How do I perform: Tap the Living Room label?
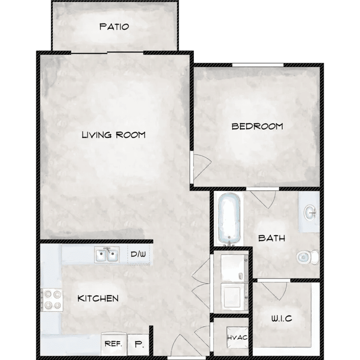(x=114, y=135)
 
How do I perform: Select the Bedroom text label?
(x=257, y=127)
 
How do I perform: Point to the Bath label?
(x=272, y=238)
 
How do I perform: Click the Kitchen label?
(x=98, y=299)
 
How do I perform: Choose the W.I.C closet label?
(x=281, y=318)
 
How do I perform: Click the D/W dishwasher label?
(x=138, y=254)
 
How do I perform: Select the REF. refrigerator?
(x=114, y=344)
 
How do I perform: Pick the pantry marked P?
(x=138, y=345)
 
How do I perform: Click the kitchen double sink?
(x=107, y=255)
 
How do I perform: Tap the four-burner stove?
(x=52, y=300)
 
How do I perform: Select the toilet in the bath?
(x=308, y=257)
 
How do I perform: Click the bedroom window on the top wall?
(x=258, y=65)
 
